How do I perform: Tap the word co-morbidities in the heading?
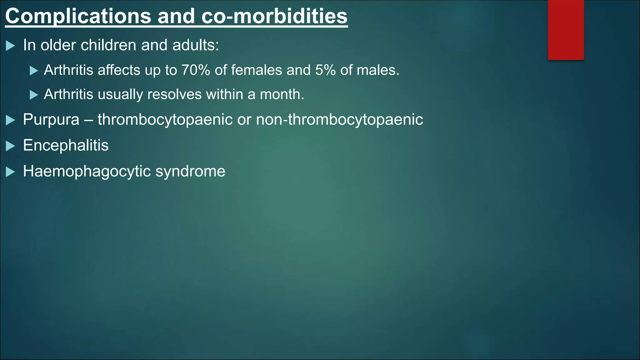pos(274,16)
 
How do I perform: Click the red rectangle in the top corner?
pos(566,30)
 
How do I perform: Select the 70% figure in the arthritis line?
pos(196,70)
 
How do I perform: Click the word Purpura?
pos(51,120)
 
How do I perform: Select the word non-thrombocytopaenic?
pos(339,120)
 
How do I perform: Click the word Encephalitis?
pos(66,145)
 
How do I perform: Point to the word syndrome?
pos(190,171)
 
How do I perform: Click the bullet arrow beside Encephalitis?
pos(10,146)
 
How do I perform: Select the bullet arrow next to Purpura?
pos(10,120)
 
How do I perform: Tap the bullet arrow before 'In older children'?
pos(10,46)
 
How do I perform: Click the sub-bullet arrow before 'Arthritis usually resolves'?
pos(34,95)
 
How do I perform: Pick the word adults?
pos(195,45)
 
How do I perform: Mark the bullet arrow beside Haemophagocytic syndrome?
pos(10,172)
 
